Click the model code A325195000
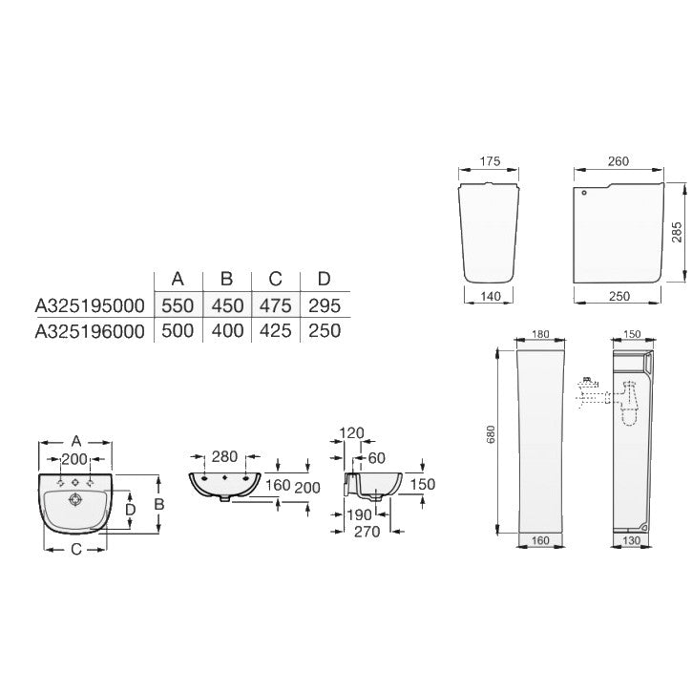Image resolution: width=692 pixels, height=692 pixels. (x=90, y=305)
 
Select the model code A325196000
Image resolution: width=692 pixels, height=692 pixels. (x=90, y=330)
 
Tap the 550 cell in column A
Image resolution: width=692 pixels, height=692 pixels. (x=178, y=305)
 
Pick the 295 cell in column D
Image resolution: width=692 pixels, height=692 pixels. (x=325, y=305)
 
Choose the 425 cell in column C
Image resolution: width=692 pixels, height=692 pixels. (x=276, y=330)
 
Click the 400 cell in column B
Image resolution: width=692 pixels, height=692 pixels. (x=227, y=330)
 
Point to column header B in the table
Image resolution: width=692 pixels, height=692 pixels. (x=226, y=279)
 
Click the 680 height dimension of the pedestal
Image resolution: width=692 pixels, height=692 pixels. (x=491, y=434)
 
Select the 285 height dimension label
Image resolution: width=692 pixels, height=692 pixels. (x=677, y=232)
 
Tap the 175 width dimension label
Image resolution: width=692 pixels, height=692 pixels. (x=490, y=161)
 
